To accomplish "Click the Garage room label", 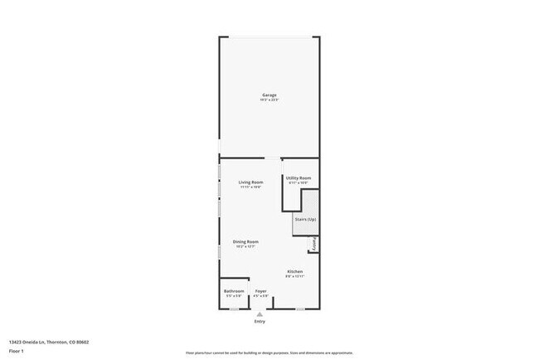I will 269,95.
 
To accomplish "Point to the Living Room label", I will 250,182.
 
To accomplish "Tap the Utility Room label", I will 299,178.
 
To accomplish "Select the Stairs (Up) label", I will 304,219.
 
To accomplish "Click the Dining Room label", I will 246,241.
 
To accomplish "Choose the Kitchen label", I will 295,271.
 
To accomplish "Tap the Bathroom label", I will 234,291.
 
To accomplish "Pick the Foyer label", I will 260,291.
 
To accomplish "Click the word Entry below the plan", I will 260,321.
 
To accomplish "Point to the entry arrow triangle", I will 260,314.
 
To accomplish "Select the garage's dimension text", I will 269,100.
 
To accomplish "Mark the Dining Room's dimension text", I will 246,246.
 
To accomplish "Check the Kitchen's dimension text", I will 295,276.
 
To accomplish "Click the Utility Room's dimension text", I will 299,182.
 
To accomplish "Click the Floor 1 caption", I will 17,352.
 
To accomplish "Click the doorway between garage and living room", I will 273,158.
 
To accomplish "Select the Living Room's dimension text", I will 250,187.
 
